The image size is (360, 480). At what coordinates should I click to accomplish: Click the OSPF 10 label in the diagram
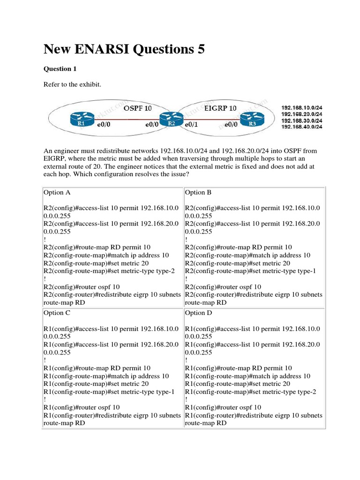pyautogui.click(x=138, y=108)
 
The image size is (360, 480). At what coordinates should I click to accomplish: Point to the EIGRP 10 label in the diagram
pyautogui.click(x=221, y=108)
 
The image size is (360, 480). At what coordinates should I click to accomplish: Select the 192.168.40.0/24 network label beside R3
pyautogui.click(x=301, y=127)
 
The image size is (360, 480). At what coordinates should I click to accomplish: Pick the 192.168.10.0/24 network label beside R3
pyautogui.click(x=301, y=107)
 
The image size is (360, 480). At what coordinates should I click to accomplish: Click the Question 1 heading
pyautogui.click(x=60, y=69)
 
